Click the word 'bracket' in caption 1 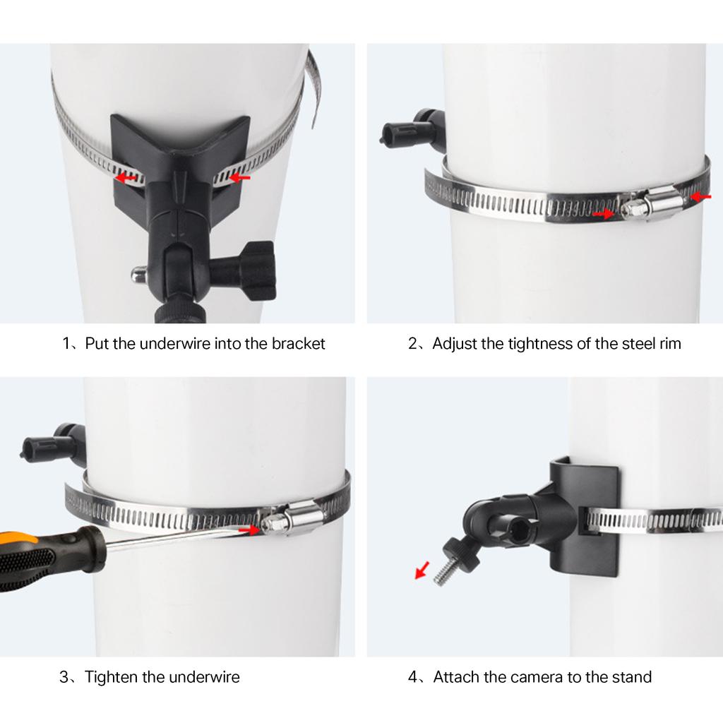tap(299, 344)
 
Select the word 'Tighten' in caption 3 tap(111, 677)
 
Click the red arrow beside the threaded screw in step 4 tap(422, 569)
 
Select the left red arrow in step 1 tap(127, 179)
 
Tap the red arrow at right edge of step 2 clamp tap(700, 197)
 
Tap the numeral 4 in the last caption tap(412, 677)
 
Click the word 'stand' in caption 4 tap(631, 677)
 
